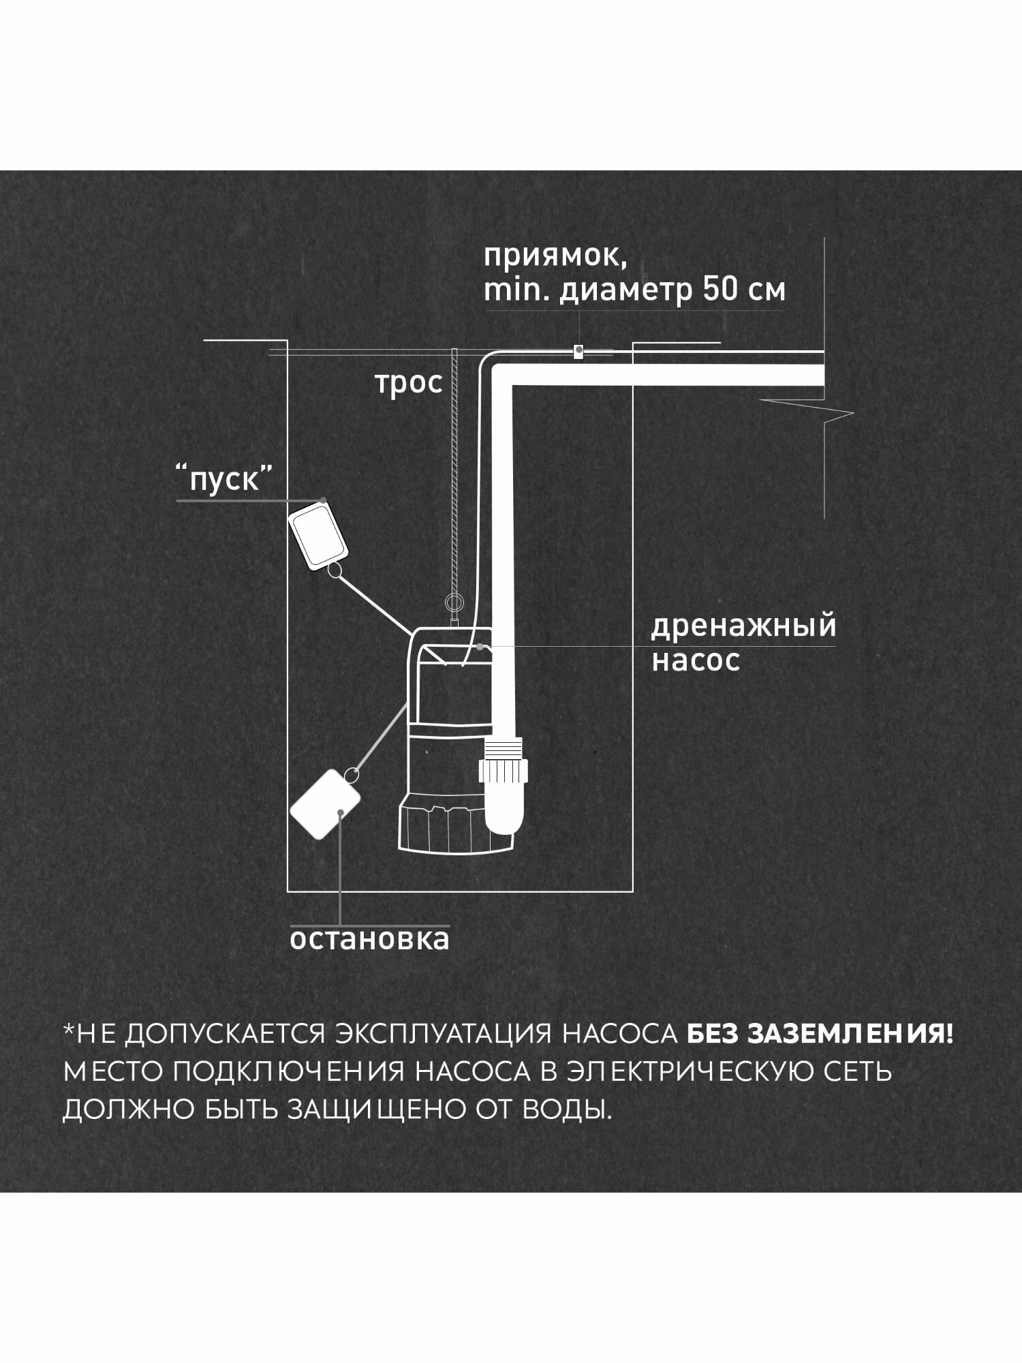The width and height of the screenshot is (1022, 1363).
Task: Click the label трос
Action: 409,384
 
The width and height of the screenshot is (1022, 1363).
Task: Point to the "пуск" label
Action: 224,480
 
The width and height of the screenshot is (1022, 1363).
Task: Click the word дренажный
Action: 743,626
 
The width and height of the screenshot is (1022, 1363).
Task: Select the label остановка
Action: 370,940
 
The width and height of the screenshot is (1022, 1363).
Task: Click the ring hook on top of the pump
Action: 452,602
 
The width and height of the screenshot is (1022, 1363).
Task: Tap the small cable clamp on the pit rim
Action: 577,352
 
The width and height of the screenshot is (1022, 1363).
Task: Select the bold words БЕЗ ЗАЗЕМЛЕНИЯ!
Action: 820,1034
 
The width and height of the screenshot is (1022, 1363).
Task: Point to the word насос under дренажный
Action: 695,661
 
